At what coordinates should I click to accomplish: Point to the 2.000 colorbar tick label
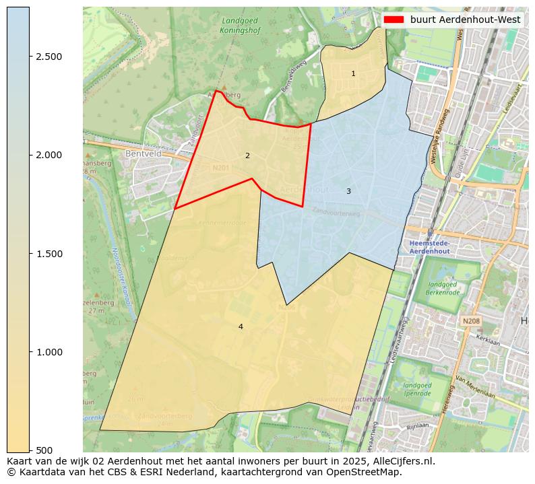pos(49,155)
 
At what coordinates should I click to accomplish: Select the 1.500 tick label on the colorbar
pos(49,254)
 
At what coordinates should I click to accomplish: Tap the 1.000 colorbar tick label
pos(49,352)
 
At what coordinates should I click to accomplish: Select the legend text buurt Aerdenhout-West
pos(465,20)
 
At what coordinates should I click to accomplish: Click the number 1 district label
pos(353,73)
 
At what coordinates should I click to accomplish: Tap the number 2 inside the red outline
pos(247,155)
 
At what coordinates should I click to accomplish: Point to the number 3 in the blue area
pos(348,191)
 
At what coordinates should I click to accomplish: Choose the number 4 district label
pos(241,326)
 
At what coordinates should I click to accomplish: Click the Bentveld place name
pos(140,153)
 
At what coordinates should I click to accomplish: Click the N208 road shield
pos(471,321)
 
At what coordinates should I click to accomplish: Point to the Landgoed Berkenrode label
pos(447,288)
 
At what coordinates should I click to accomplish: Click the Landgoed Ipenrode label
pos(418,388)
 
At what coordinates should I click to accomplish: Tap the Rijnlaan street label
pos(418,425)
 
